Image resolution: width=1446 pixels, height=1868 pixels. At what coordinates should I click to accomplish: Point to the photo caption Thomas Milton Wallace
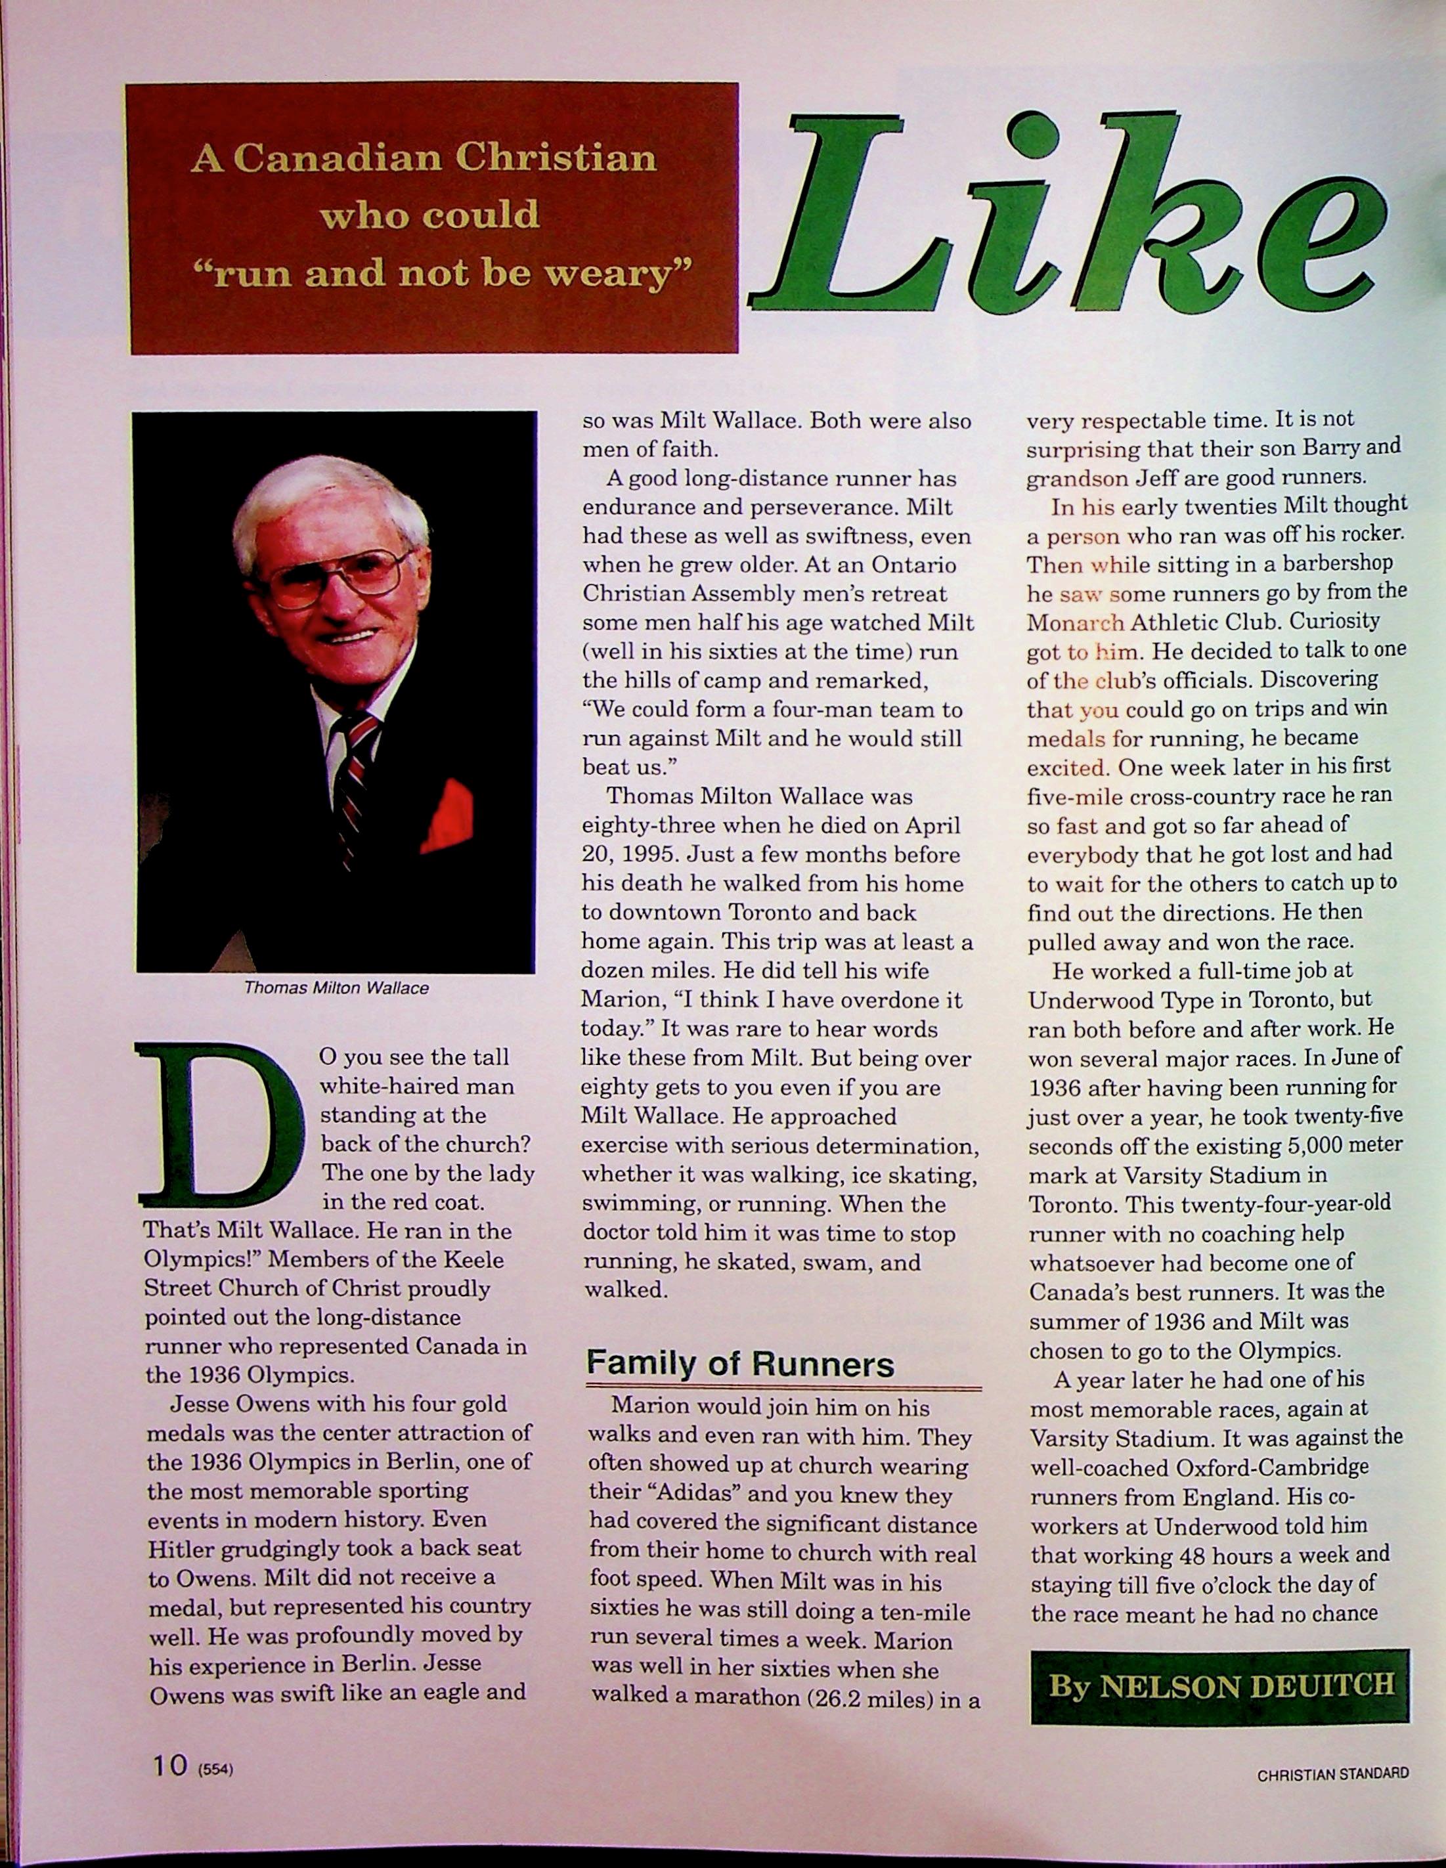pyautogui.click(x=336, y=988)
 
